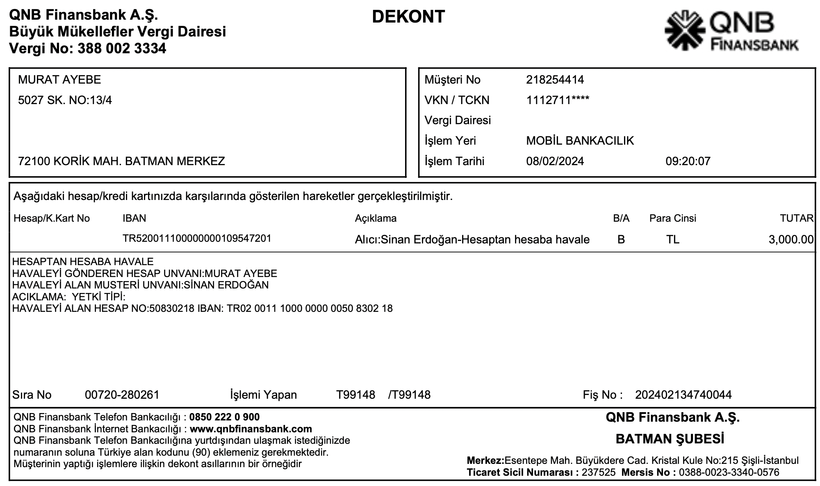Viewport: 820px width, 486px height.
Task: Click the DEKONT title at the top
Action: click(x=408, y=17)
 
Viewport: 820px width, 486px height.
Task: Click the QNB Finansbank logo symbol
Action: click(x=684, y=31)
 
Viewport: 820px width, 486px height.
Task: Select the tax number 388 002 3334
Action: click(x=121, y=48)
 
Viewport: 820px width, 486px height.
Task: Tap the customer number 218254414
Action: click(x=555, y=79)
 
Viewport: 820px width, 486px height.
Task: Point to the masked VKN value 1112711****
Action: click(x=558, y=100)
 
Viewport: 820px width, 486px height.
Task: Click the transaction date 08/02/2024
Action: click(x=555, y=161)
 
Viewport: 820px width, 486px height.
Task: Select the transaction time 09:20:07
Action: click(x=688, y=161)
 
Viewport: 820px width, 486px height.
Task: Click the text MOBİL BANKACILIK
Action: click(x=580, y=141)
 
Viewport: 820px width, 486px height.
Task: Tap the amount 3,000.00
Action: click(x=791, y=239)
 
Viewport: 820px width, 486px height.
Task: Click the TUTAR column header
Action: click(x=796, y=218)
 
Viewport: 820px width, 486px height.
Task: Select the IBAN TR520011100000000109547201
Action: click(x=197, y=238)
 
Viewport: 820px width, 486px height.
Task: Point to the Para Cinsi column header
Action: click(x=672, y=218)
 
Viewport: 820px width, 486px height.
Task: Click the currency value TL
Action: click(x=672, y=239)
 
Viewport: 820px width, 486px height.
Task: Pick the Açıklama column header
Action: click(x=376, y=218)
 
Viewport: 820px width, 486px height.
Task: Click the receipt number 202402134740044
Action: click(x=683, y=395)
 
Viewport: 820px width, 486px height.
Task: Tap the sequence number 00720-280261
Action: click(x=122, y=395)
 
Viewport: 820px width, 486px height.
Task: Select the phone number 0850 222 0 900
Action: click(x=224, y=417)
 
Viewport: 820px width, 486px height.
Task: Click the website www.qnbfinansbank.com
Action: click(x=251, y=429)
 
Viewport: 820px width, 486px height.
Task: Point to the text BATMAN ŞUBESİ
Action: click(x=670, y=439)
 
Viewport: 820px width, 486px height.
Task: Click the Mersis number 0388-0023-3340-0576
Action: click(x=729, y=472)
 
